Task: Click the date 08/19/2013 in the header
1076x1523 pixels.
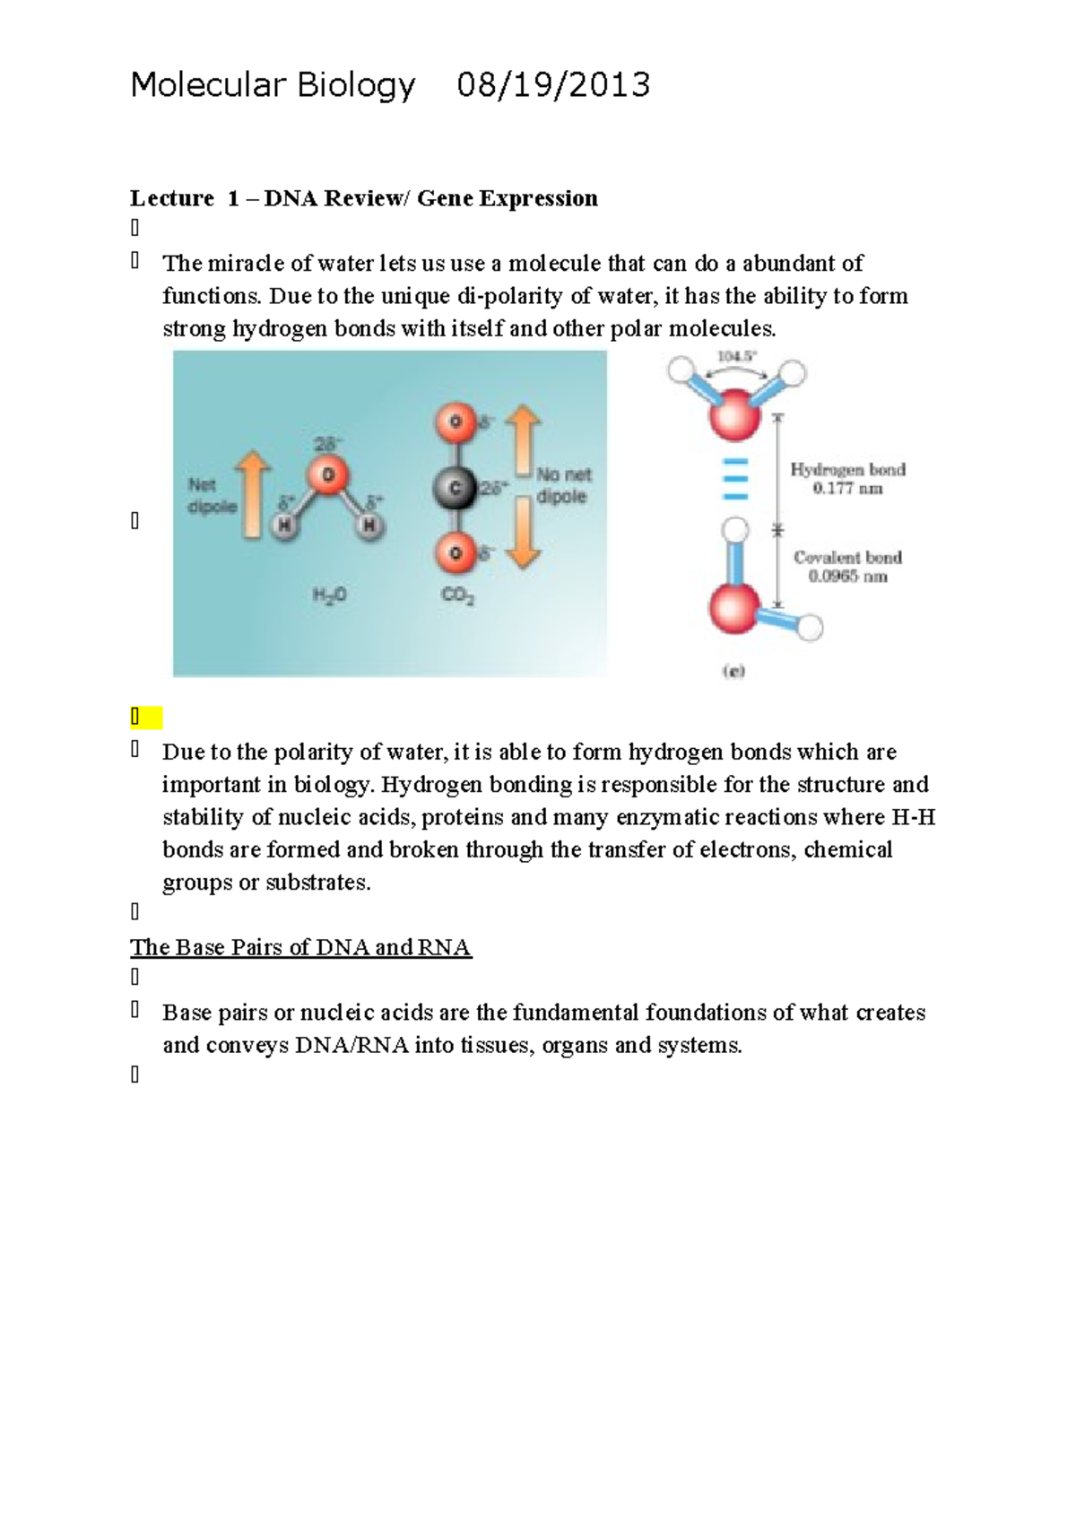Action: click(x=553, y=85)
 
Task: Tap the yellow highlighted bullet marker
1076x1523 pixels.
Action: click(x=144, y=718)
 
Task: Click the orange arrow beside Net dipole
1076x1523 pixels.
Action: click(x=253, y=494)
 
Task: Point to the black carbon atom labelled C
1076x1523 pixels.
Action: click(x=455, y=489)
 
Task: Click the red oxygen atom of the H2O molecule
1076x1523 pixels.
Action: click(x=328, y=475)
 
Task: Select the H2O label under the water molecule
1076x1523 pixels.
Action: click(x=328, y=595)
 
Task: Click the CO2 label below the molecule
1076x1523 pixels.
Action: click(x=457, y=595)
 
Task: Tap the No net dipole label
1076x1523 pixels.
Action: click(x=564, y=485)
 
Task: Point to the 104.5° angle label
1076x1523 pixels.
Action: click(x=736, y=356)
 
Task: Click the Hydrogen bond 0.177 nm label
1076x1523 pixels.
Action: click(x=847, y=479)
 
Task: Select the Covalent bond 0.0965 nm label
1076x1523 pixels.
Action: click(x=847, y=567)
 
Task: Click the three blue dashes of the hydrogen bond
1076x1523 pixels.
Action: click(x=735, y=480)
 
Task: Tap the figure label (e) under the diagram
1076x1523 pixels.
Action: click(x=733, y=671)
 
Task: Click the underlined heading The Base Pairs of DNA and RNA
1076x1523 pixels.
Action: click(x=300, y=948)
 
